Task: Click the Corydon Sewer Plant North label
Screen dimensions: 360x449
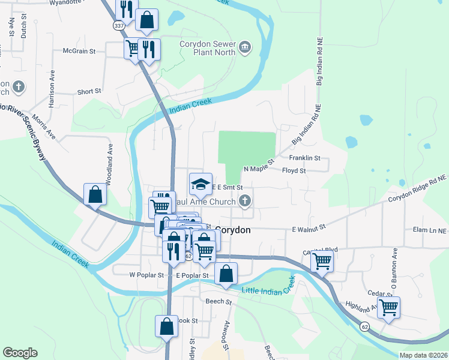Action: click(x=208, y=47)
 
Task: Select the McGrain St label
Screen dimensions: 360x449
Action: click(x=79, y=52)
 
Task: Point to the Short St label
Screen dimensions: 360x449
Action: click(x=89, y=92)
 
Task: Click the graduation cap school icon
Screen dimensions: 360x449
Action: click(x=201, y=183)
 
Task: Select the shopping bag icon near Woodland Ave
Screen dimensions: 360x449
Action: click(x=95, y=194)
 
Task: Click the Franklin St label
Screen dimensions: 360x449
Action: click(x=305, y=158)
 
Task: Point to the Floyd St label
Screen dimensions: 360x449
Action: click(x=294, y=171)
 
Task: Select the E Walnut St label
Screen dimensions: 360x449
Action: click(x=308, y=228)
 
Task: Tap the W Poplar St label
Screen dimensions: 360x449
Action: click(x=146, y=275)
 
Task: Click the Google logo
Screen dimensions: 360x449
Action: click(x=20, y=353)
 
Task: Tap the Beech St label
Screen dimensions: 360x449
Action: click(x=218, y=301)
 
